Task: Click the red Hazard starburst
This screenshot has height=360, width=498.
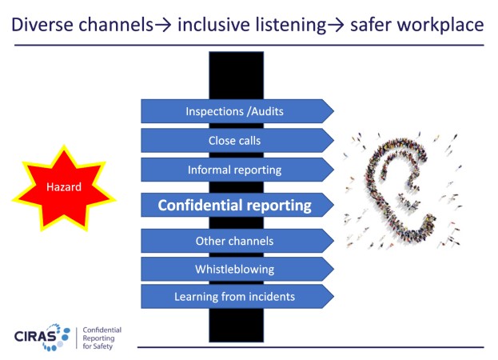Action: click(64, 187)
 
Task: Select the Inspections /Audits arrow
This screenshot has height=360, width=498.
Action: click(237, 111)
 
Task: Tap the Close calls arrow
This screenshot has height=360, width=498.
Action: click(237, 141)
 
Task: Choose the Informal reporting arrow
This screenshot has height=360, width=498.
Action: click(237, 170)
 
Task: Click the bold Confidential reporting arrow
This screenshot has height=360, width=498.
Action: click(237, 205)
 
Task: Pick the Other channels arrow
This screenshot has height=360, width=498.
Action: click(237, 241)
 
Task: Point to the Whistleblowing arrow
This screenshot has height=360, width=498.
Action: click(237, 269)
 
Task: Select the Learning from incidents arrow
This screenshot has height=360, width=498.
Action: click(237, 297)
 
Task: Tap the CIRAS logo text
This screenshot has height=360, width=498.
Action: click(35, 337)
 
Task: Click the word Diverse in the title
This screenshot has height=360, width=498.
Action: click(42, 25)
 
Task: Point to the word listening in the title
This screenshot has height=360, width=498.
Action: click(290, 25)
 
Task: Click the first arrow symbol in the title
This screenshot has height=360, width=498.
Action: click(163, 26)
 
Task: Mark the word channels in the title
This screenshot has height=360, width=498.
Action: click(116, 25)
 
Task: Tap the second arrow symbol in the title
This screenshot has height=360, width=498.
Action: click(336, 26)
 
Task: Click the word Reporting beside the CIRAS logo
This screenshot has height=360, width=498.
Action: click(98, 338)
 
